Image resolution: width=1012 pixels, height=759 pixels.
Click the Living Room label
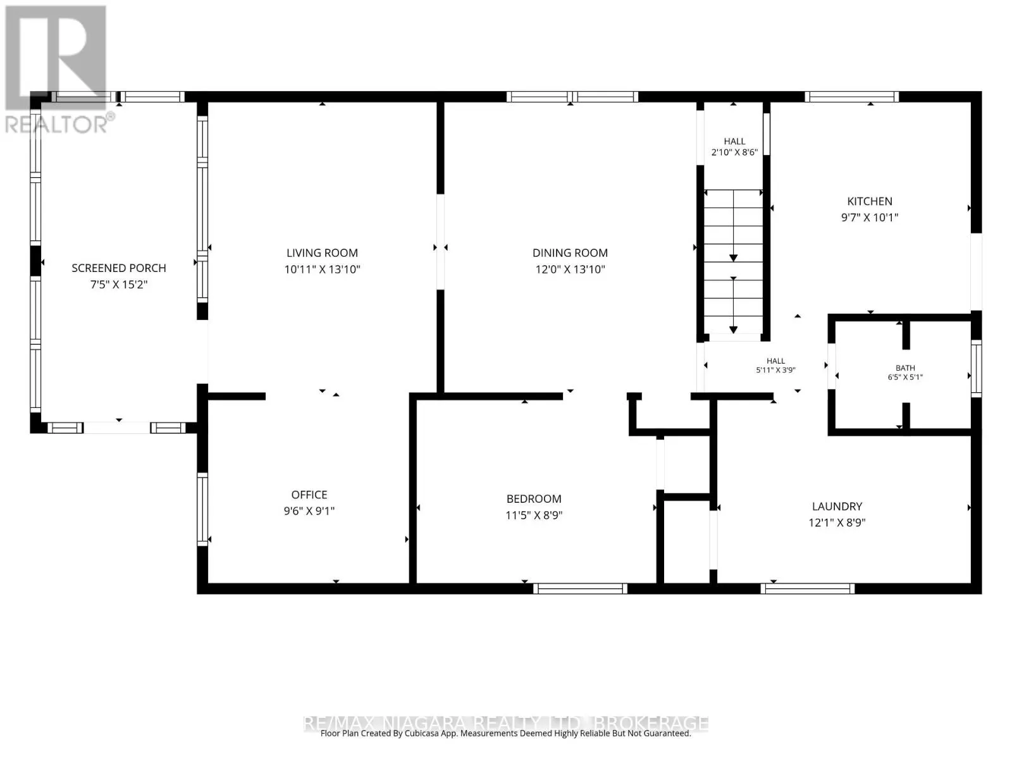click(x=322, y=253)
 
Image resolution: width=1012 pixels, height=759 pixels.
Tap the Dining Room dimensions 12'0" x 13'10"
click(x=570, y=269)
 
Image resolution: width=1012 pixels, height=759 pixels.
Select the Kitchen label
click(x=870, y=201)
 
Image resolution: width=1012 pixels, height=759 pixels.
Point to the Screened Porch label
click(x=118, y=268)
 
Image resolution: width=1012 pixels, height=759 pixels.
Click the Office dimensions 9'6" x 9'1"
click(x=309, y=511)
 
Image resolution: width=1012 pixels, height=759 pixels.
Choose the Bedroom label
click(x=534, y=499)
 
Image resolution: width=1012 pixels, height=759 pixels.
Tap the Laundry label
click(x=837, y=507)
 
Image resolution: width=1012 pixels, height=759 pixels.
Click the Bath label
click(x=905, y=368)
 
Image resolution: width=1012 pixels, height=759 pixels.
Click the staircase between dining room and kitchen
click(x=733, y=262)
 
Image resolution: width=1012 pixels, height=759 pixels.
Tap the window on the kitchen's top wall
click(x=851, y=97)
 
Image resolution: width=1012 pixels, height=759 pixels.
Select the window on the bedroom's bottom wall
click(x=580, y=588)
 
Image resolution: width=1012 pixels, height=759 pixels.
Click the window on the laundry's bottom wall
click(x=807, y=588)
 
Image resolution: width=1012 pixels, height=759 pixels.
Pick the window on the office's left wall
click(x=202, y=509)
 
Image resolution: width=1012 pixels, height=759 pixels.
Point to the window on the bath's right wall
click(x=976, y=369)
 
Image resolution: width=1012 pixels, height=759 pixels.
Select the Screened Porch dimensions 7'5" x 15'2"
click(x=118, y=285)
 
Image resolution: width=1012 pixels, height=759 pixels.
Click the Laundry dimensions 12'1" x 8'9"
click(x=837, y=522)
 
